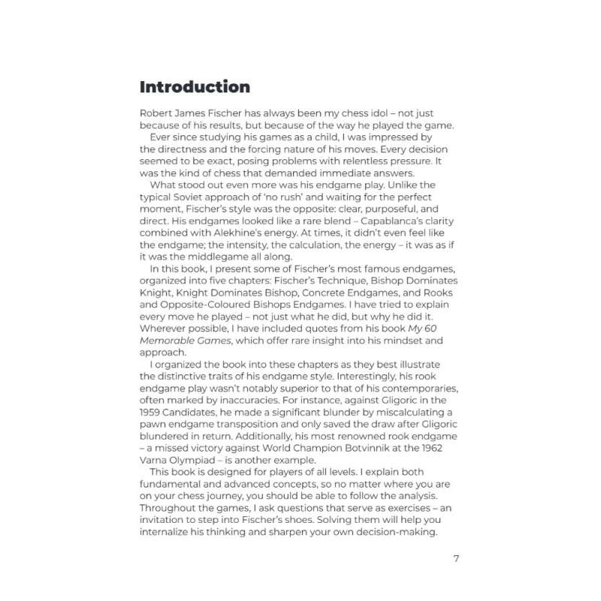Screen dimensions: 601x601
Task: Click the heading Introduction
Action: pyautogui.click(x=195, y=86)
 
